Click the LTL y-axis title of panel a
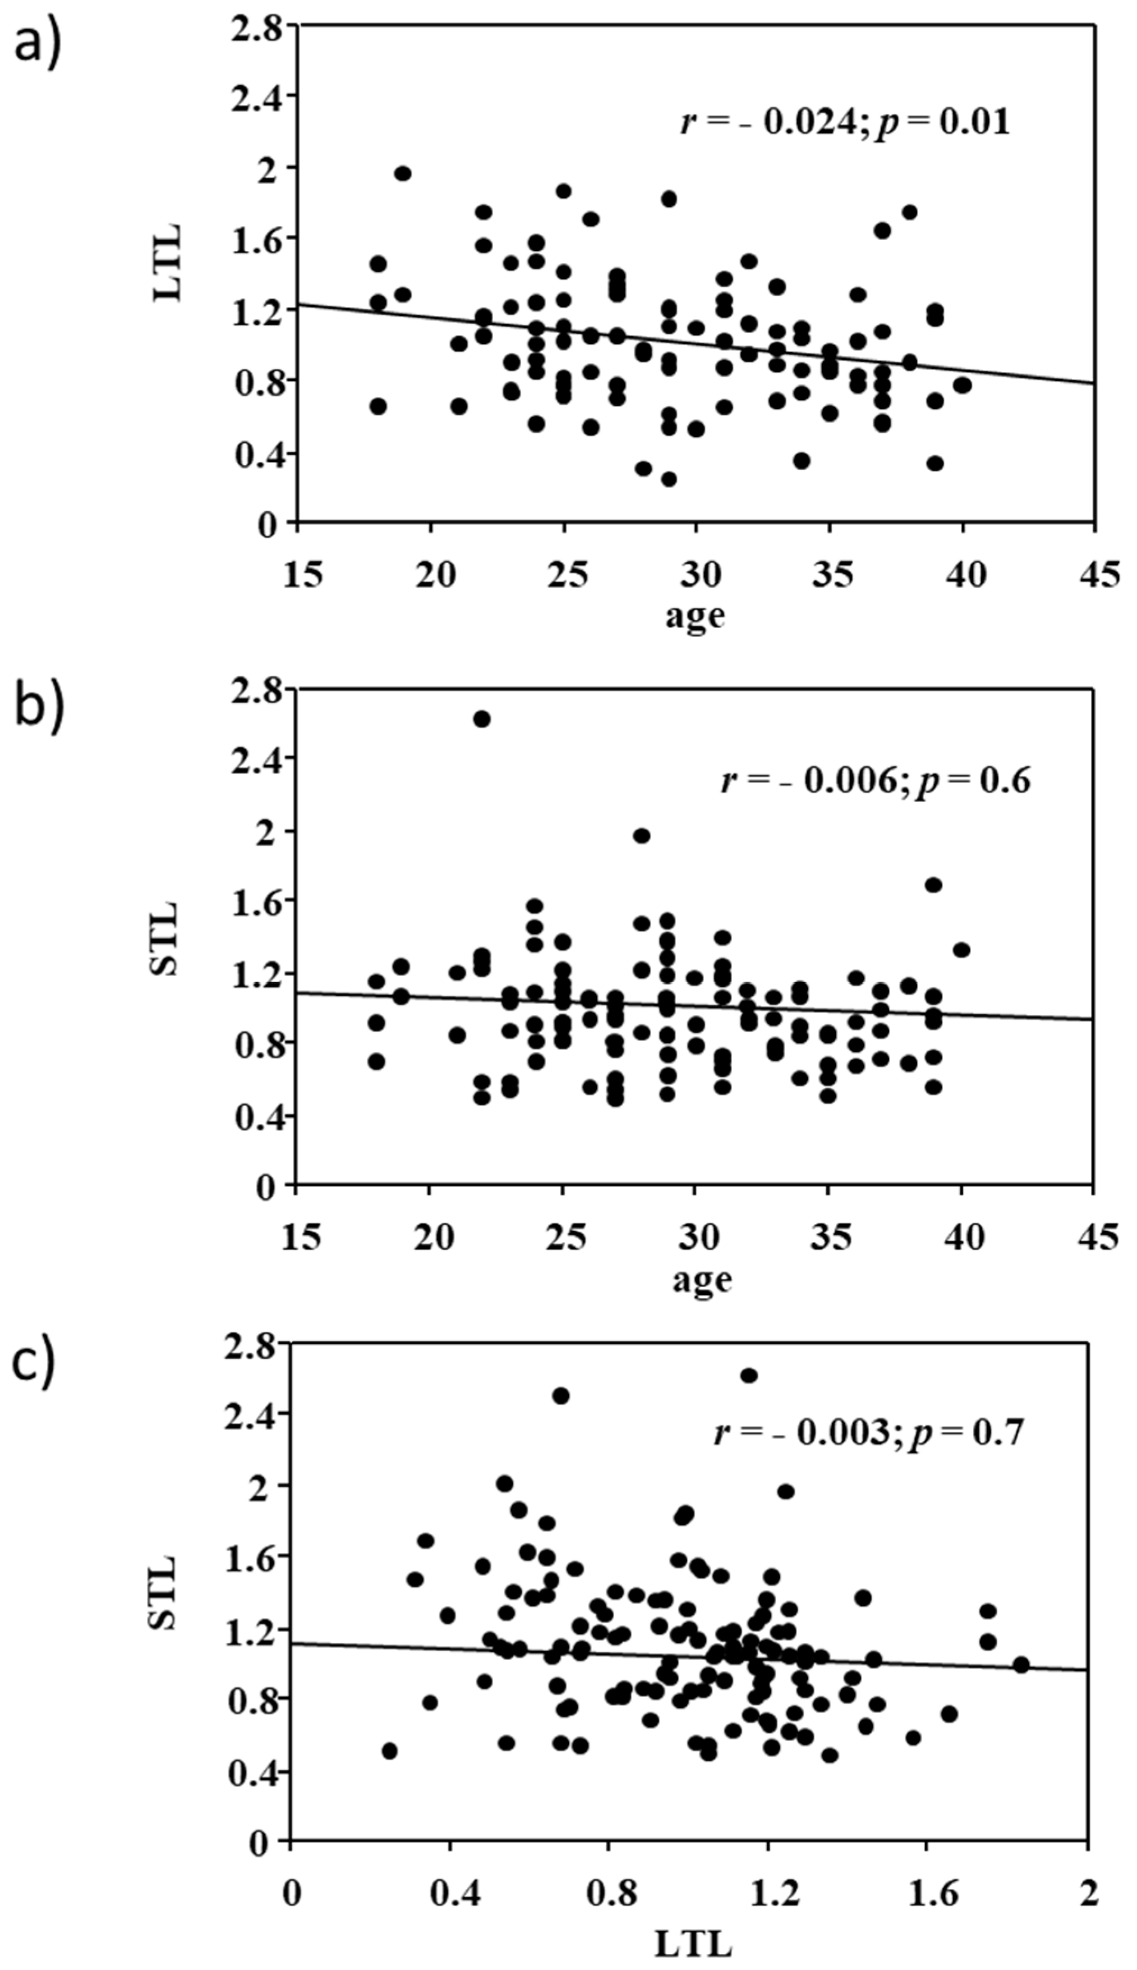pyautogui.click(x=167, y=263)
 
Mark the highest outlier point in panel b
pyautogui.click(x=482, y=718)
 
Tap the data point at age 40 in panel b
pyautogui.click(x=961, y=950)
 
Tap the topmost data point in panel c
pyautogui.click(x=749, y=1375)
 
